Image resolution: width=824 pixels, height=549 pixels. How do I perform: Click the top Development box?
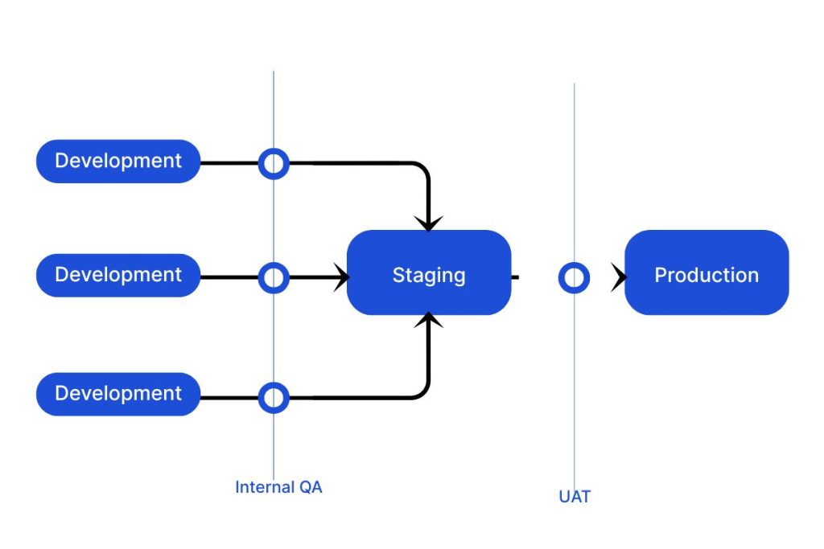click(118, 161)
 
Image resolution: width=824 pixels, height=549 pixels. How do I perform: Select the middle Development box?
click(118, 275)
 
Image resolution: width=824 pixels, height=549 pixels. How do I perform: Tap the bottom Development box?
click(118, 394)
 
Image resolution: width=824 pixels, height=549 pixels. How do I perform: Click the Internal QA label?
click(278, 487)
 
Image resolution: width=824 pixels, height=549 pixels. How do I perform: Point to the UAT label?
click(575, 497)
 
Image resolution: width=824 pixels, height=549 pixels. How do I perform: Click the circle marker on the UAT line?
click(574, 278)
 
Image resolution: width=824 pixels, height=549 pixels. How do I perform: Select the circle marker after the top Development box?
click(274, 163)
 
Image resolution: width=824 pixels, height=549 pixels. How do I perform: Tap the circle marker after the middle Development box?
click(274, 278)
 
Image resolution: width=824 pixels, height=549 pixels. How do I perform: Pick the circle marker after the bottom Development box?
click(274, 398)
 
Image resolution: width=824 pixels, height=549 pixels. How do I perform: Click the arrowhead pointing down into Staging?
click(429, 223)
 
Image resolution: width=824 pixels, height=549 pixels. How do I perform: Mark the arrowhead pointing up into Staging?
click(429, 322)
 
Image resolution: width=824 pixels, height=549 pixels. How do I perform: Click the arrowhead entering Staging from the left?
click(341, 278)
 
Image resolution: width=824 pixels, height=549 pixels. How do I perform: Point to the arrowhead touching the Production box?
click(618, 278)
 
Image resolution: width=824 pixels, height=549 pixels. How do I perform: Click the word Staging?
click(429, 276)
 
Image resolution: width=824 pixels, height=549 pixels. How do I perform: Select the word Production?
click(707, 276)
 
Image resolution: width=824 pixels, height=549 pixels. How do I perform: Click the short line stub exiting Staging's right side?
click(515, 278)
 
